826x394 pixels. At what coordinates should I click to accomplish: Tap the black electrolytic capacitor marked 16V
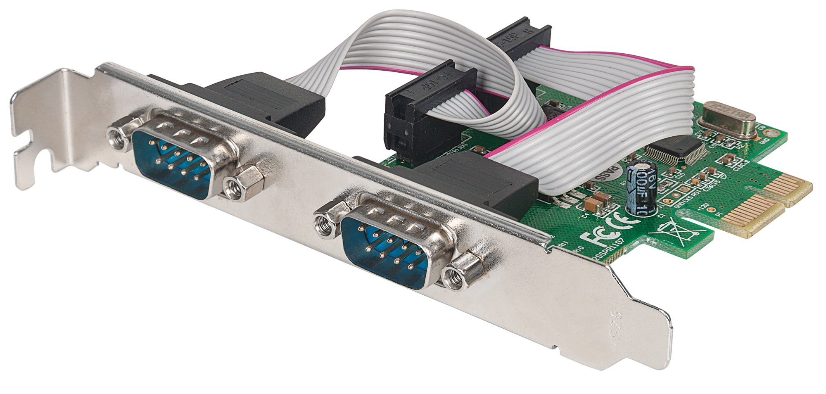(x=638, y=188)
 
